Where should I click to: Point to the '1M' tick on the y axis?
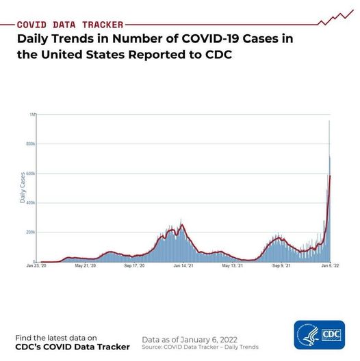click(32, 114)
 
